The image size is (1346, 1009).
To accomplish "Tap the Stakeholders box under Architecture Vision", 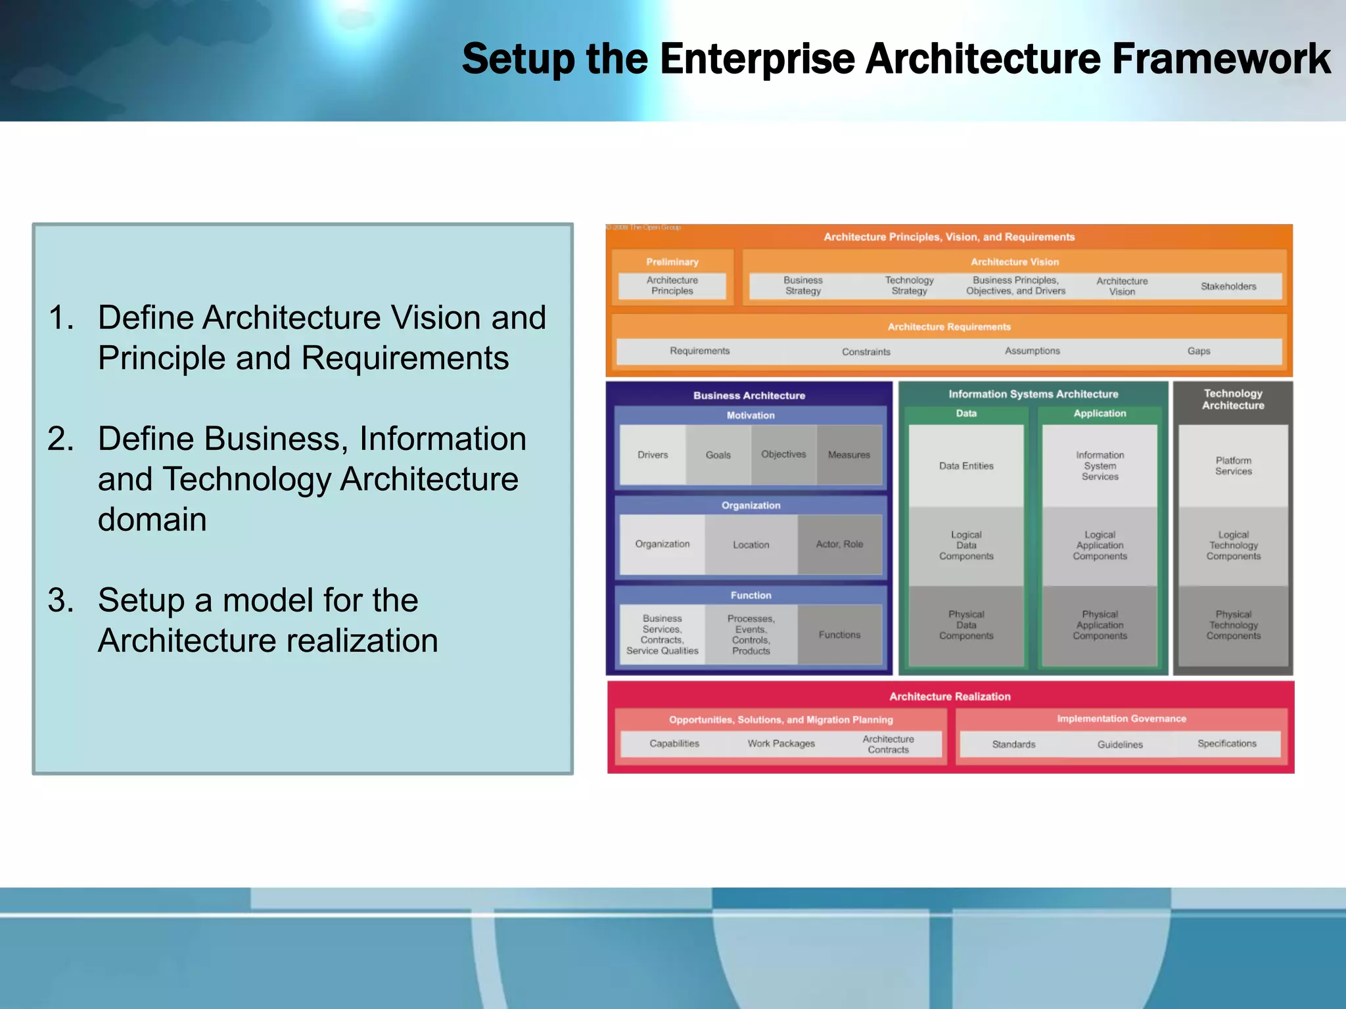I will pos(1228,286).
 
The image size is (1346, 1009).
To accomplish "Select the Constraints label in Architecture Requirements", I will pos(866,352).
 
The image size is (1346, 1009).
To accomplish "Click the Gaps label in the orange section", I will pos(1198,351).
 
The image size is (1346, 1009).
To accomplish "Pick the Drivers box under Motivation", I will pos(653,455).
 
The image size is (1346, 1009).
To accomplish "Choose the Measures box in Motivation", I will pos(848,455).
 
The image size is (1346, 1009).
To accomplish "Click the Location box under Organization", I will pos(751,545).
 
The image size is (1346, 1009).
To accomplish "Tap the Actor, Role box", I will pos(839,545).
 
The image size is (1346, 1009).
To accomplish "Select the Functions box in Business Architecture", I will pos(839,635).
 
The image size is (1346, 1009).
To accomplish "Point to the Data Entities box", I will pos(966,466).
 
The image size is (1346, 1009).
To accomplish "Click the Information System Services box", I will pos(1100,466).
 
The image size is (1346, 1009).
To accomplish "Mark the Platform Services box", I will pos(1233,466).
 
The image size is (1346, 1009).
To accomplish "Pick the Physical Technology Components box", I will pos(1233,625).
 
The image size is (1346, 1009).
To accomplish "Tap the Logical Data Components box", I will pos(966,545).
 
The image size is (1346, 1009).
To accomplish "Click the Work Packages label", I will pos(781,744).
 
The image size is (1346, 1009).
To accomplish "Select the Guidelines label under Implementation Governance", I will pos(1120,744).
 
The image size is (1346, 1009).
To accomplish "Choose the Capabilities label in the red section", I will pos(674,744).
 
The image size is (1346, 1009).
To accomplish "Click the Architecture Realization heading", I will pos(950,696).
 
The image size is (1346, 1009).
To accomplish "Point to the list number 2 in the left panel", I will pos(60,439).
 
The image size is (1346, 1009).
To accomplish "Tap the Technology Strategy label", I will pos(909,286).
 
